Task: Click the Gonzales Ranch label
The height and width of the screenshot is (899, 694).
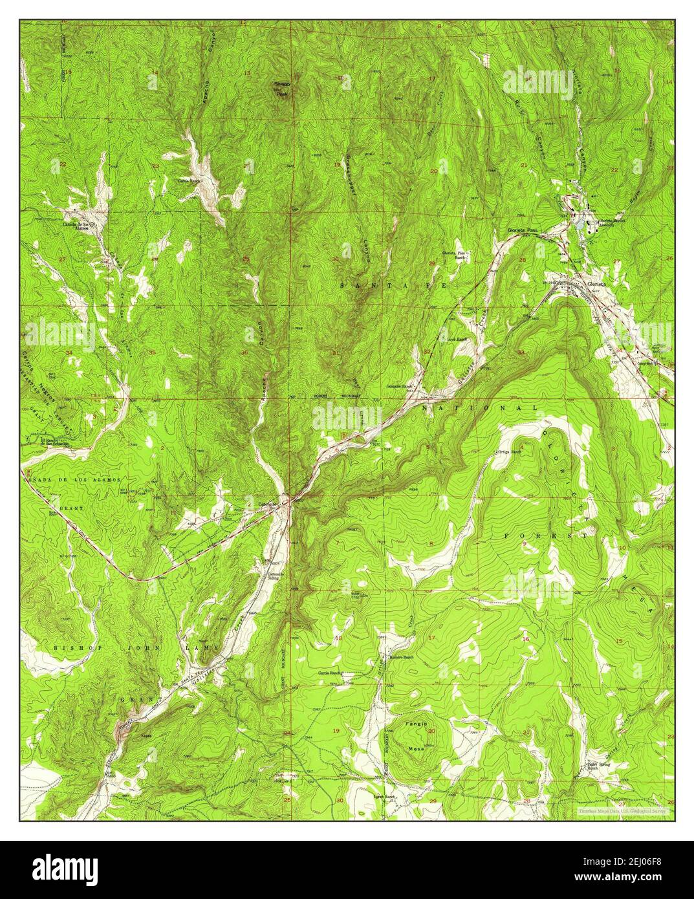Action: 400,386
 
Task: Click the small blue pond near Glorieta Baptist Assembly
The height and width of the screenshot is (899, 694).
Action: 588,225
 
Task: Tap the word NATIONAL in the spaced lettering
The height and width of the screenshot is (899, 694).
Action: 479,409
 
